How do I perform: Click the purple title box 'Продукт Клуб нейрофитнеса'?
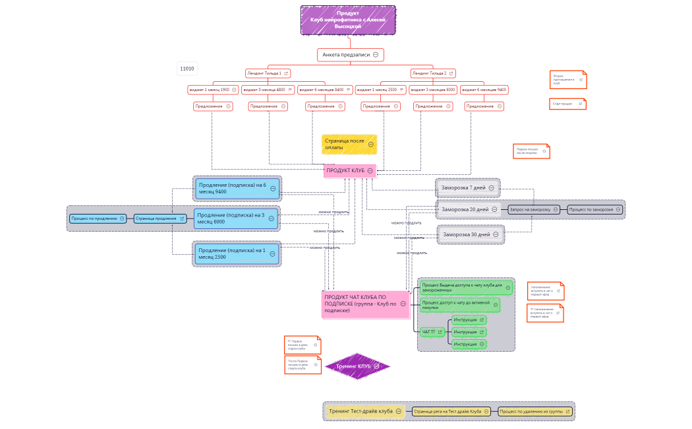348,20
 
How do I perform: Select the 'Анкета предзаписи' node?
346,55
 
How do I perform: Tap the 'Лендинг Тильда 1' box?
264,73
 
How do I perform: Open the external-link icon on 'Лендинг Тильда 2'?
451,73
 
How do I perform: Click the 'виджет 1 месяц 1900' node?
209,90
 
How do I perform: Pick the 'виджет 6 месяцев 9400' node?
483,90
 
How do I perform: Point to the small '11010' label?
187,69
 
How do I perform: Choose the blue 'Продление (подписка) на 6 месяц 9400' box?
233,189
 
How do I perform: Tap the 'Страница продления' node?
157,218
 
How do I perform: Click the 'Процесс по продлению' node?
95,218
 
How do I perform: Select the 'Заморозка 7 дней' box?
464,188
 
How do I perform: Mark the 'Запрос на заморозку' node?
530,209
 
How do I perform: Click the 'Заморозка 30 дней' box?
467,234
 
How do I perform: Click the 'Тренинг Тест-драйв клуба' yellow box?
362,411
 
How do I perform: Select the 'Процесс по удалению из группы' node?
531,411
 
